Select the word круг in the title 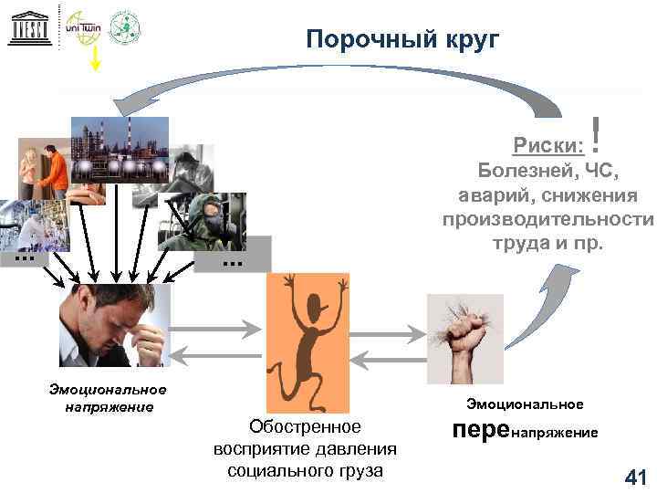[x=466, y=39]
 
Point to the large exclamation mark [x=596, y=135]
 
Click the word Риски [x=546, y=144]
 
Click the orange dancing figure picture [x=308, y=342]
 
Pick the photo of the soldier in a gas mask [x=203, y=219]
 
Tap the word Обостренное [x=305, y=426]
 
